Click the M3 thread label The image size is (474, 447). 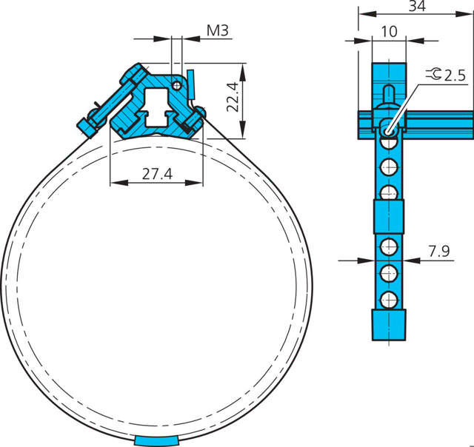tap(217, 30)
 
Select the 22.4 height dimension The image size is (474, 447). tap(233, 97)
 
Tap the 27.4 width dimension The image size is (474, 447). tap(157, 174)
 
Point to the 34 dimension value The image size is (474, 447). tap(417, 6)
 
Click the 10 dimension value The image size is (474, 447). tap(389, 32)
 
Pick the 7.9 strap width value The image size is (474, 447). tap(438, 251)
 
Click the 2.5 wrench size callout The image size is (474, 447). tap(455, 75)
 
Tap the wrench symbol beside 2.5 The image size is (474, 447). tap(434, 74)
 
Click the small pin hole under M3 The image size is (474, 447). tap(176, 86)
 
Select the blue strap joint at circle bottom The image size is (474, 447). tap(156, 440)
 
